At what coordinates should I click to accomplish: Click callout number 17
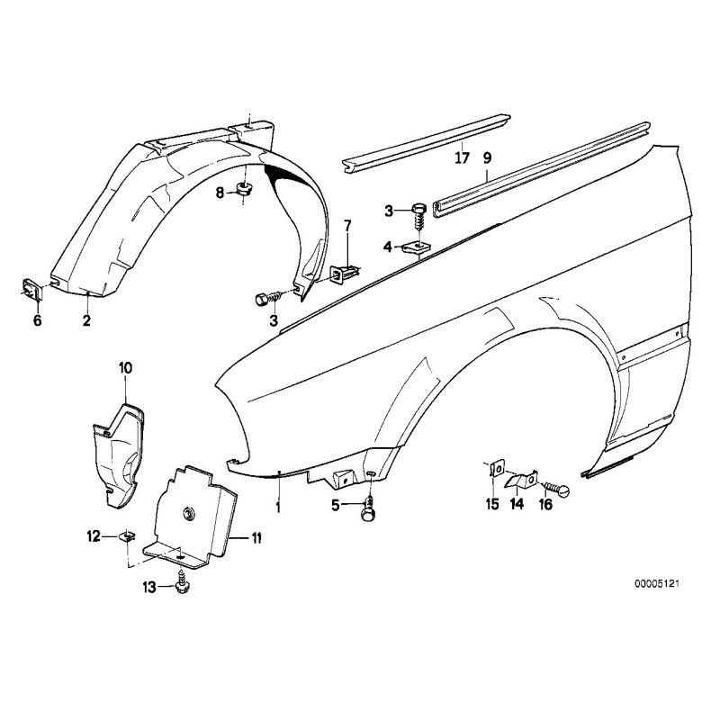[462, 159]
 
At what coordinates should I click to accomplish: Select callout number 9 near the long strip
[487, 159]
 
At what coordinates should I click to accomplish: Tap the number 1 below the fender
[278, 507]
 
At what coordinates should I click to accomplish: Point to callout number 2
[87, 319]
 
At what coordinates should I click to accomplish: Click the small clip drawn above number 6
[31, 288]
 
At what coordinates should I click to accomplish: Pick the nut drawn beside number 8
[243, 189]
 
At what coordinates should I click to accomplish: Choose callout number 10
[125, 366]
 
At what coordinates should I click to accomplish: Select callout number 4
[389, 246]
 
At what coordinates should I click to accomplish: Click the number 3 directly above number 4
[389, 211]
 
